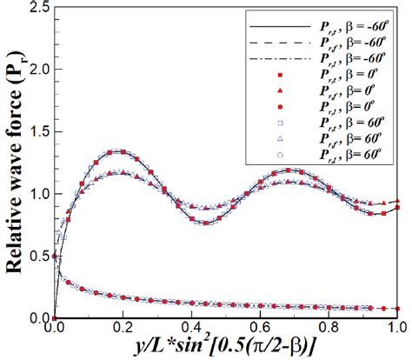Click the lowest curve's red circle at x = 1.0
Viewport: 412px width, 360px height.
pyautogui.click(x=397, y=309)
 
